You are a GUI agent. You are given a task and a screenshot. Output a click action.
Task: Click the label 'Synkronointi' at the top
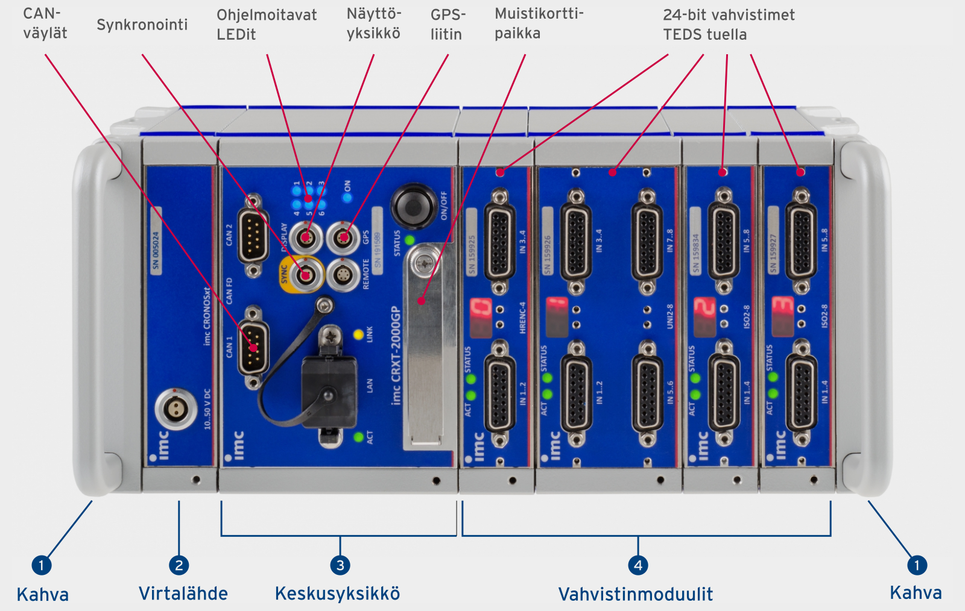click(142, 25)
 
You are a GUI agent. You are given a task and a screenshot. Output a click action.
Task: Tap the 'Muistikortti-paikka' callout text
click(539, 23)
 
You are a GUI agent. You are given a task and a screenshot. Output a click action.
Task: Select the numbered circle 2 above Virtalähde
click(179, 565)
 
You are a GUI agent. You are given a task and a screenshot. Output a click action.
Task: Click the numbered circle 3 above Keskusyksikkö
click(340, 565)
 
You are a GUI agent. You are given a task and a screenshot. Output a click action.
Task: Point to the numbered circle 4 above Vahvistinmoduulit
click(638, 565)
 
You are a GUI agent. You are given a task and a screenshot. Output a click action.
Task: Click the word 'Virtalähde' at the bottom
click(183, 594)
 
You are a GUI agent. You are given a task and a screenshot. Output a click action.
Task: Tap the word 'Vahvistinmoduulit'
click(636, 594)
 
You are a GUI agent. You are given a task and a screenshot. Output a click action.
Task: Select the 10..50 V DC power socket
click(176, 409)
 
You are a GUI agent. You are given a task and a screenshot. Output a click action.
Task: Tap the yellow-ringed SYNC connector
click(306, 275)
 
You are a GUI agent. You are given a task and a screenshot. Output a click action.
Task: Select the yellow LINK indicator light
click(358, 334)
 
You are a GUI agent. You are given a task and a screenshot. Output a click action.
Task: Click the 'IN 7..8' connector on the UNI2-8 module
click(647, 241)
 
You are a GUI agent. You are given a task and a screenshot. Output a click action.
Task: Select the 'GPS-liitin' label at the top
click(448, 24)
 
